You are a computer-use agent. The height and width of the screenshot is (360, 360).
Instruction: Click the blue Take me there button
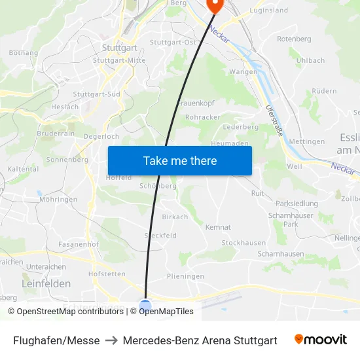(x=180, y=161)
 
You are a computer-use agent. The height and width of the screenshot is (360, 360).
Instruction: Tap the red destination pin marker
(x=214, y=5)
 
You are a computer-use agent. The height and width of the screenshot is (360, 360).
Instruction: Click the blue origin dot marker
(x=145, y=305)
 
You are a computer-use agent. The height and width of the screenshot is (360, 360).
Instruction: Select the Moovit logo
(x=320, y=340)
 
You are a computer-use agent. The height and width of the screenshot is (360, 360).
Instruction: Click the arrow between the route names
(x=111, y=340)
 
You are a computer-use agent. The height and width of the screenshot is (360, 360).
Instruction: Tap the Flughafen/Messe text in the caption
(x=56, y=340)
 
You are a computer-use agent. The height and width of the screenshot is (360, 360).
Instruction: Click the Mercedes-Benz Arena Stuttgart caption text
(x=200, y=340)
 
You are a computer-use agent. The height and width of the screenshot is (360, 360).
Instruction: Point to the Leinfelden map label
(x=46, y=284)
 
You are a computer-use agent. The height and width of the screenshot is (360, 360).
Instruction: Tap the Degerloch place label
(x=102, y=136)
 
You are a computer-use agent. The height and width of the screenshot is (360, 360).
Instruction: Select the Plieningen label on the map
(x=185, y=276)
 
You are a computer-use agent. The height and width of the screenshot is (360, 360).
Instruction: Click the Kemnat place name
(x=218, y=227)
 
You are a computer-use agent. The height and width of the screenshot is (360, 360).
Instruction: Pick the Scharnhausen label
(x=281, y=253)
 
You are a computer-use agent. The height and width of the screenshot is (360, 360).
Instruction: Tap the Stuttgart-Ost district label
(x=173, y=43)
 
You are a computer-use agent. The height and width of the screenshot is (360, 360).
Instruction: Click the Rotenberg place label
(x=294, y=39)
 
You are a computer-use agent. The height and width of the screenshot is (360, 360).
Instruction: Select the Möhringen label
(x=58, y=200)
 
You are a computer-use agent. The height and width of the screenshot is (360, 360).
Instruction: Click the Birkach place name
(x=175, y=217)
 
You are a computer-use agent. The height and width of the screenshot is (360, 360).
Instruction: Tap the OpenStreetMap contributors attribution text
(x=65, y=312)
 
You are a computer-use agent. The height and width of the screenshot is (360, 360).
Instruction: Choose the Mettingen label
(x=306, y=141)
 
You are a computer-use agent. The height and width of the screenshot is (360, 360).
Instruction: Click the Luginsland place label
(x=268, y=11)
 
